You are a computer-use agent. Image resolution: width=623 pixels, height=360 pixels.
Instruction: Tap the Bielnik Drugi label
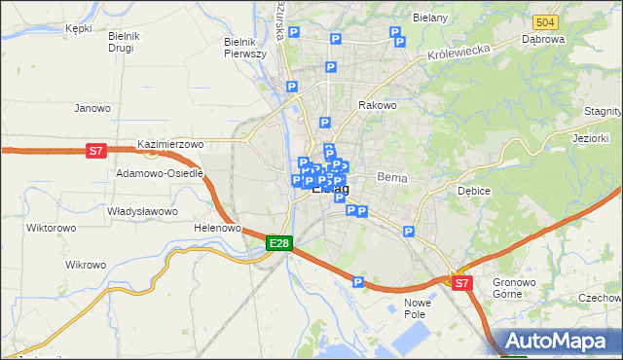click(x=126, y=42)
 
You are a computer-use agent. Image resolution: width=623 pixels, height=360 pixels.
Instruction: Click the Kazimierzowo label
click(x=170, y=144)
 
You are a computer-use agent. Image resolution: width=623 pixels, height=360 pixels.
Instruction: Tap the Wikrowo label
click(x=85, y=265)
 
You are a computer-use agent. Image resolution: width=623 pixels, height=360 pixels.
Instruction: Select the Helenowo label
click(x=217, y=228)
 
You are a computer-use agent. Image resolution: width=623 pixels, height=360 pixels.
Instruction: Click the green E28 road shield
click(x=278, y=242)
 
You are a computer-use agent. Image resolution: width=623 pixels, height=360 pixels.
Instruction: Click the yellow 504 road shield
click(x=545, y=22)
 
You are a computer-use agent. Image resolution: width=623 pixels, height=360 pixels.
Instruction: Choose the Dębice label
click(x=473, y=191)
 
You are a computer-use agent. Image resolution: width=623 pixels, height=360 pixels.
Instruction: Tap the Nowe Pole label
click(x=417, y=309)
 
